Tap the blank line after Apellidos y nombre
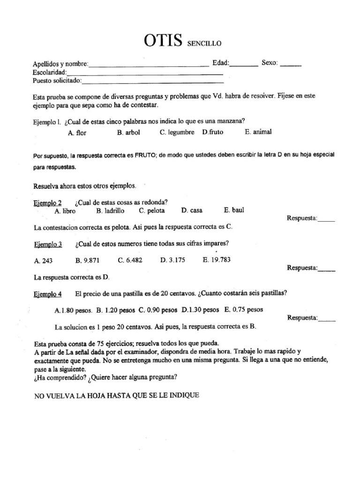(x=149, y=65)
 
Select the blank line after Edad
(x=244, y=65)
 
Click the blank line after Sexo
(x=291, y=65)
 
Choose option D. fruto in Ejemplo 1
(x=213, y=133)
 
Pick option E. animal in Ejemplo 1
(x=258, y=132)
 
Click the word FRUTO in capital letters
(x=144, y=155)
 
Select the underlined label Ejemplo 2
(x=48, y=203)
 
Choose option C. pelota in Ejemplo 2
(x=152, y=211)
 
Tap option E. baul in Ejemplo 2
(x=234, y=210)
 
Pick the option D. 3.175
(x=172, y=260)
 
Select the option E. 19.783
(x=217, y=260)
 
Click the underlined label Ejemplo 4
(x=48, y=294)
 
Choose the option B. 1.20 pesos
(x=115, y=310)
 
